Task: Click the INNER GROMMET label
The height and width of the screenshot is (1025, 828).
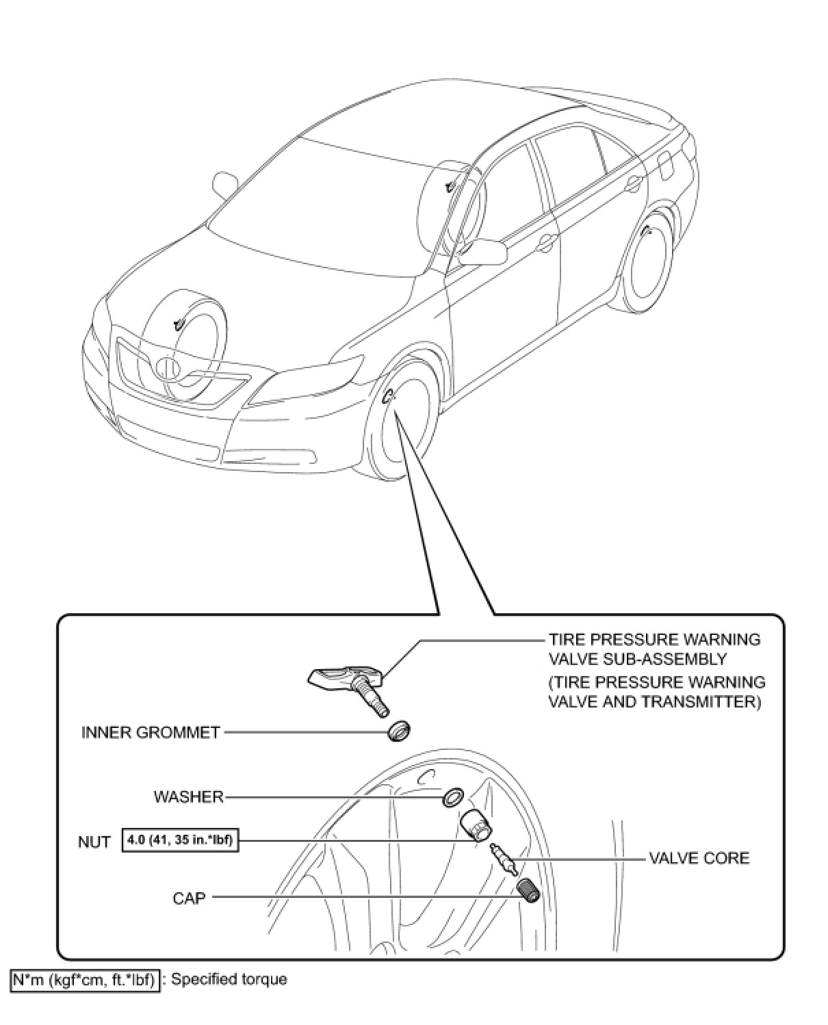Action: tap(151, 732)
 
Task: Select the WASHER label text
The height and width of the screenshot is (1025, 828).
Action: tap(188, 796)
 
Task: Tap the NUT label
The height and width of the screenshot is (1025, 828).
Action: tap(94, 842)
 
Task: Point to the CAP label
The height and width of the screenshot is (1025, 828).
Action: tap(189, 897)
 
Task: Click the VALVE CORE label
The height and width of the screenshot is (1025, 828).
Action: tap(699, 857)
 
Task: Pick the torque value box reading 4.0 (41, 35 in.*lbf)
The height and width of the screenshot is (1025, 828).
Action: tap(181, 840)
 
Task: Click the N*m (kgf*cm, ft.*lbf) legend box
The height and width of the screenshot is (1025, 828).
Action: tap(85, 980)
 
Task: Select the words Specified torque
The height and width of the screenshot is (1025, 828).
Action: tap(229, 979)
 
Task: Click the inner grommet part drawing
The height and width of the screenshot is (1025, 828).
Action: tap(399, 731)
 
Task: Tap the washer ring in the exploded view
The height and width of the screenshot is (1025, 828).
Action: tap(452, 796)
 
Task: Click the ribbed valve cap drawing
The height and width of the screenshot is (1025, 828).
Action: tap(528, 890)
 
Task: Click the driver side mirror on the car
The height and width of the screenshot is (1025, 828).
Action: tap(483, 252)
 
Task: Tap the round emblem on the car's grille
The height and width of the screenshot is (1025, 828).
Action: tap(167, 368)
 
